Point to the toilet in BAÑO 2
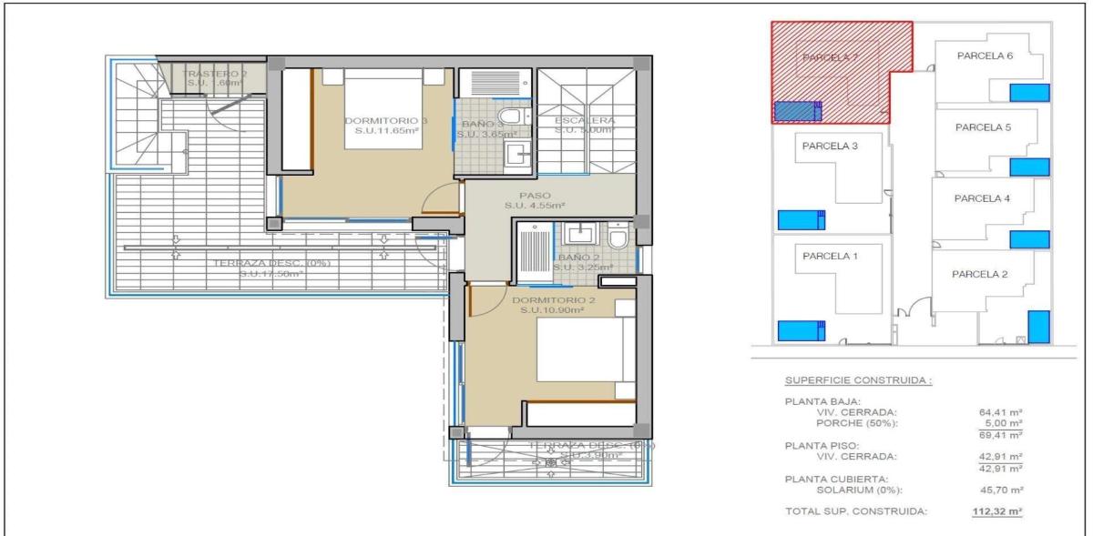[618, 238]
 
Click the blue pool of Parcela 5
[1030, 167]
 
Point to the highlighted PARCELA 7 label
[830, 57]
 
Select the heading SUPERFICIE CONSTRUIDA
[858, 379]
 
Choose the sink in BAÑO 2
[578, 235]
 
